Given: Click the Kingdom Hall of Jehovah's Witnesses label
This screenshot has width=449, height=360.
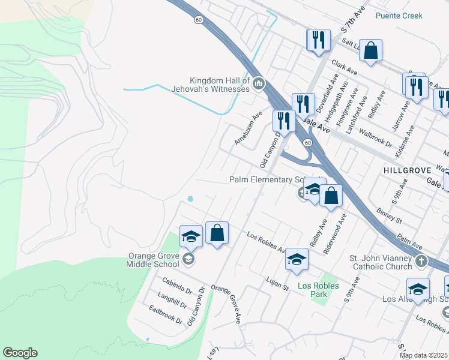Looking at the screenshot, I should tap(219, 85).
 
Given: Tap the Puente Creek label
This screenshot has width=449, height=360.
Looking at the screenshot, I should tap(399, 16).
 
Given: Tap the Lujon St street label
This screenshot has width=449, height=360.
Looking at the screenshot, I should tap(277, 280).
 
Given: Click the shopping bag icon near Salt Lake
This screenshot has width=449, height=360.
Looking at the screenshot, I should tap(372, 51).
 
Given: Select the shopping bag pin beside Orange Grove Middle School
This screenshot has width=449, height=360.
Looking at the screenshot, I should tap(217, 233).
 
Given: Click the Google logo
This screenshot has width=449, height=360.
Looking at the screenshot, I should tap(20, 353).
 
